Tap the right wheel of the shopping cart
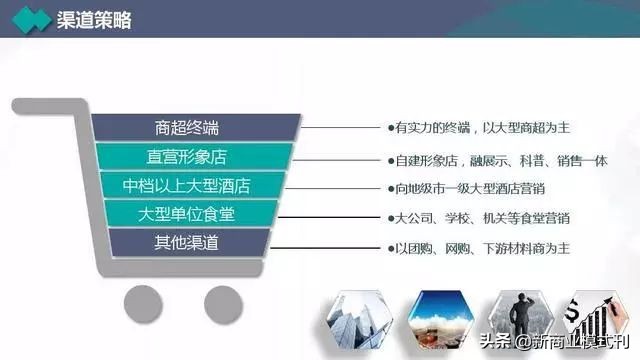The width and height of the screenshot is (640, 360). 223,302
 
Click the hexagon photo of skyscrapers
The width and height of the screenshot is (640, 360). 358,319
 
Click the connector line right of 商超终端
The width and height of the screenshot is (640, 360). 340,127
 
